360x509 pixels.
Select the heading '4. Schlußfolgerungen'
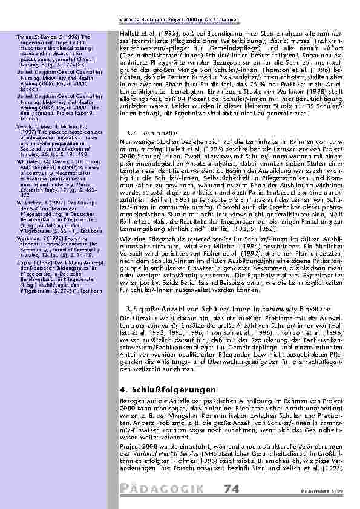165,388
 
